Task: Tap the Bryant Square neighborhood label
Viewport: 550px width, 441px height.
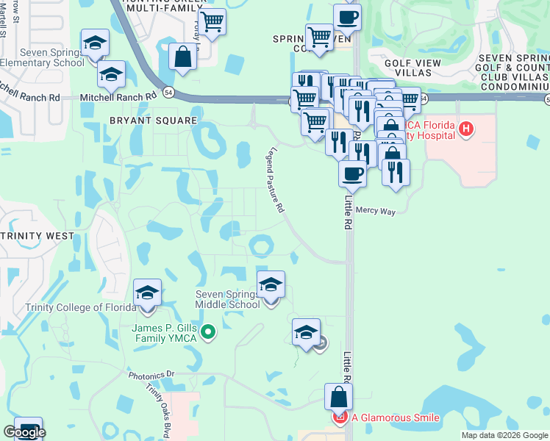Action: click(x=153, y=120)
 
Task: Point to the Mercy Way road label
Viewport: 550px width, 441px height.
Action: click(x=376, y=211)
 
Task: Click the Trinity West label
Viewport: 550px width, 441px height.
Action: click(x=37, y=236)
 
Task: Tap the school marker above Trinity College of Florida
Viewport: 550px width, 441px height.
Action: click(x=148, y=293)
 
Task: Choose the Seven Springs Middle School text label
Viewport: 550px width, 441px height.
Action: click(x=228, y=300)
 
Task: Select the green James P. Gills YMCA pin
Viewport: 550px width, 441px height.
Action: click(x=208, y=333)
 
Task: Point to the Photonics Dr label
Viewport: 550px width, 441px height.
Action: click(x=151, y=374)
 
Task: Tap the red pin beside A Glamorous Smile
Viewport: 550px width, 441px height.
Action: click(x=340, y=418)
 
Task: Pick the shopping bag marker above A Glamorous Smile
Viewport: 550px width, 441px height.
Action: click(x=338, y=397)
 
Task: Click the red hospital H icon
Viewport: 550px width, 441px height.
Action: click(x=465, y=130)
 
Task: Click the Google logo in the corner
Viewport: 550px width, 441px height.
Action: click(x=24, y=432)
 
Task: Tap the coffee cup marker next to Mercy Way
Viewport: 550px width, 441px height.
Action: click(x=352, y=175)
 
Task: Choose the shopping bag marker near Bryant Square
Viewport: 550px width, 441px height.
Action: click(x=182, y=57)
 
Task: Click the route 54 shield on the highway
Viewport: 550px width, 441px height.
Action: click(x=170, y=92)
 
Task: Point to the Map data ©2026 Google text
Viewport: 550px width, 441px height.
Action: click(x=504, y=435)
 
